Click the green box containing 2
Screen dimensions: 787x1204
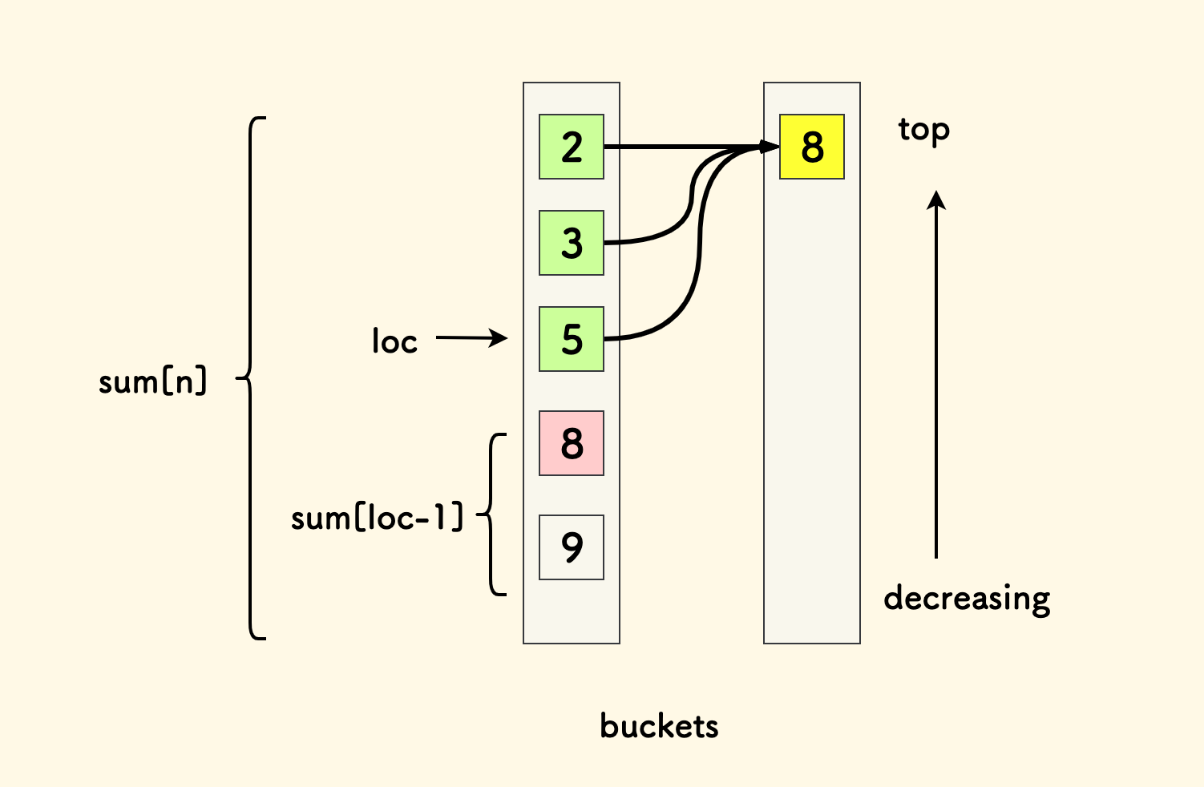pyautogui.click(x=571, y=147)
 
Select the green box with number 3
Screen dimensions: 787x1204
pyautogui.click(x=571, y=243)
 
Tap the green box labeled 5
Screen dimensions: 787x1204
pyautogui.click(x=571, y=339)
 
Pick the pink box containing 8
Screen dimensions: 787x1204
pyautogui.click(x=571, y=443)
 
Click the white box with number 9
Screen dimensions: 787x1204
pyautogui.click(x=571, y=547)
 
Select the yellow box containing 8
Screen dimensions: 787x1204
pyautogui.click(x=811, y=147)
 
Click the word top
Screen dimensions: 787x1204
pyautogui.click(x=923, y=130)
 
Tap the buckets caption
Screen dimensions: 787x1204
pyautogui.click(x=659, y=726)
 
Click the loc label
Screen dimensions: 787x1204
pyautogui.click(x=394, y=341)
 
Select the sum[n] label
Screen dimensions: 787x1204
pyautogui.click(x=152, y=381)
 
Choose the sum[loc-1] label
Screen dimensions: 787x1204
pyautogui.click(x=377, y=518)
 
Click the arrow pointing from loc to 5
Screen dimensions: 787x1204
pyautogui.click(x=471, y=338)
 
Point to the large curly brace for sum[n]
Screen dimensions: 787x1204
pyautogui.click(x=252, y=377)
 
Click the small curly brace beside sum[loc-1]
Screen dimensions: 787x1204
pyautogui.click(x=491, y=515)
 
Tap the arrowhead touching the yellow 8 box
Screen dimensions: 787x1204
pyautogui.click(x=770, y=147)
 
